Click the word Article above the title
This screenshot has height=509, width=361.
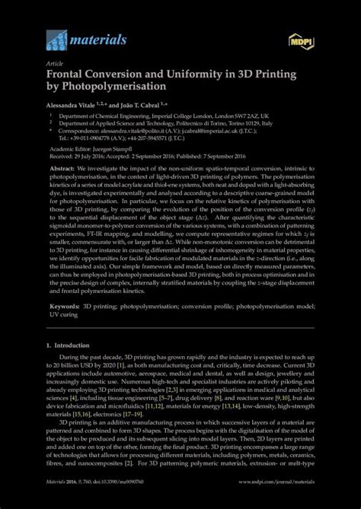(x=56, y=64)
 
